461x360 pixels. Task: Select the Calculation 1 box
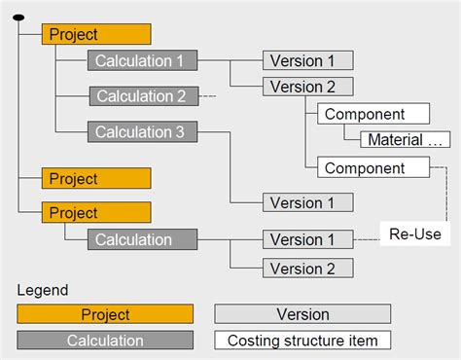pyautogui.click(x=141, y=60)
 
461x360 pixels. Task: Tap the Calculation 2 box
pyautogui.click(x=143, y=96)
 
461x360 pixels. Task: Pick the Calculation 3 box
pyautogui.click(x=141, y=131)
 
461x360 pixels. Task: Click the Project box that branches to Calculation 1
pyautogui.click(x=96, y=34)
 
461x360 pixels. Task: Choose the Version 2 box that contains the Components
pyautogui.click(x=301, y=86)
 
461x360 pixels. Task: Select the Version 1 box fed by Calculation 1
pyautogui.click(x=301, y=60)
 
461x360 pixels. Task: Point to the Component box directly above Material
pyautogui.click(x=372, y=114)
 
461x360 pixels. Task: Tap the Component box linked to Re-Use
pyautogui.click(x=372, y=167)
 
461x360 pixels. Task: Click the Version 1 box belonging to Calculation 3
pyautogui.click(x=301, y=202)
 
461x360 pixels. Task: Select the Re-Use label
pyautogui.click(x=413, y=234)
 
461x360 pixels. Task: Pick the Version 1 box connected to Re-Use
pyautogui.click(x=301, y=239)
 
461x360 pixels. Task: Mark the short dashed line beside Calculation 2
pyautogui.click(x=206, y=96)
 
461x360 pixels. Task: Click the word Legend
pyautogui.click(x=43, y=290)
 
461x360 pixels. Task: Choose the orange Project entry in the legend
pyautogui.click(x=104, y=314)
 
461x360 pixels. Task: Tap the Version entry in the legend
pyautogui.click(x=302, y=314)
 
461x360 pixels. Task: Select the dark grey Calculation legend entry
pyautogui.click(x=104, y=341)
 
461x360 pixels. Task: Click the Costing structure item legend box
pyautogui.click(x=302, y=341)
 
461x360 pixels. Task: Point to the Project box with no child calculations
pyautogui.click(x=96, y=179)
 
